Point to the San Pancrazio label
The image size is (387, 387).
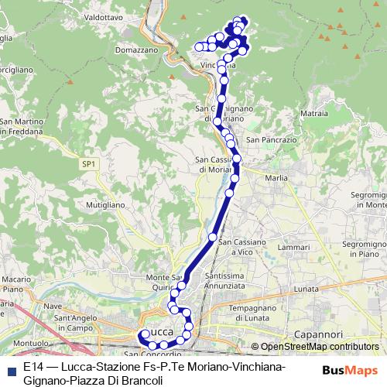click(271, 140)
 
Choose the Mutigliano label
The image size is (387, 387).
click(104, 205)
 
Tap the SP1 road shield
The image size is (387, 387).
click(89, 163)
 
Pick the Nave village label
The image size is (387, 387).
click(52, 306)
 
